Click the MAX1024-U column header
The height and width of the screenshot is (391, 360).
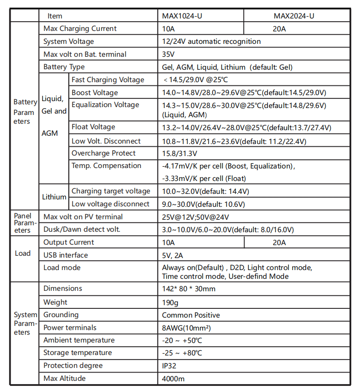point(182,16)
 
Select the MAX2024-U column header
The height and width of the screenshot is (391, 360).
point(294,16)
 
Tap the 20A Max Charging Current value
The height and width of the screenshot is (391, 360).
point(280,29)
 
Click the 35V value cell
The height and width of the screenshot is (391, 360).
point(168,54)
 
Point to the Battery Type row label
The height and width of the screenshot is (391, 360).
point(64,67)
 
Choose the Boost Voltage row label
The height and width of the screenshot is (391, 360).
point(95,93)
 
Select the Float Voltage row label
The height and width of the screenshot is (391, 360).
point(93,127)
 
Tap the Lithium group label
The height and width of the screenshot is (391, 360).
point(54,197)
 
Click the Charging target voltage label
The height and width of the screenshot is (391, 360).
point(111,191)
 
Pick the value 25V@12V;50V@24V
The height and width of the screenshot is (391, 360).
point(195,217)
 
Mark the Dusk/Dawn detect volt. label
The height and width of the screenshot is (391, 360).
point(82,229)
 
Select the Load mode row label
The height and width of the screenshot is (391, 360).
point(62,268)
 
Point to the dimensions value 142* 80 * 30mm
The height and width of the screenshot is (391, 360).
point(189,289)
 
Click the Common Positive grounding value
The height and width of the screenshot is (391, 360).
point(191,315)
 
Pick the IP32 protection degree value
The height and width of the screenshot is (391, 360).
point(169,366)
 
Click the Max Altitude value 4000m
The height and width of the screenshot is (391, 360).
point(173,379)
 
